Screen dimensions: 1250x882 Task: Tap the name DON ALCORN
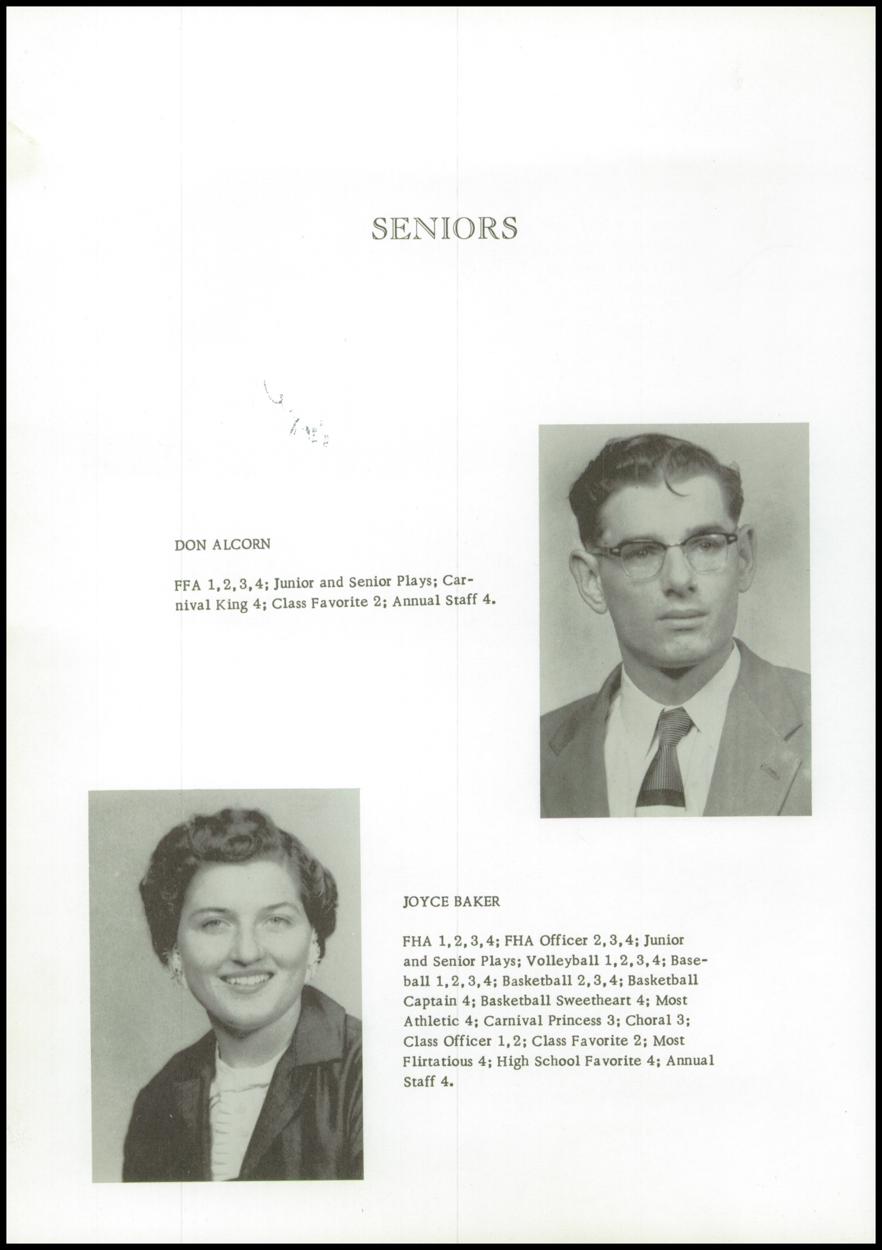[222, 545]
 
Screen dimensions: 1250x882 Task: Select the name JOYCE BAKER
[451, 902]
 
